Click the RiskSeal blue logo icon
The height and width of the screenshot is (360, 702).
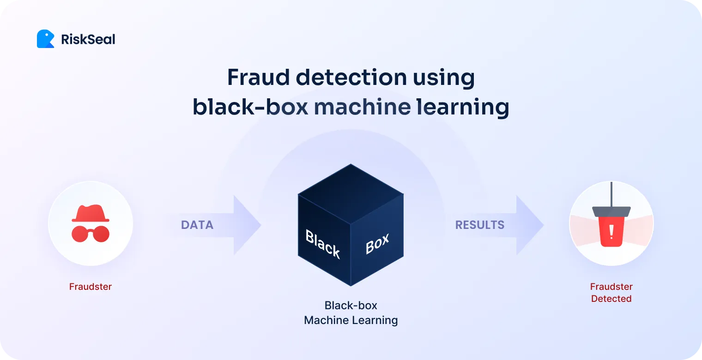click(45, 39)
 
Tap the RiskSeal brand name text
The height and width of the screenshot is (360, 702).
click(88, 40)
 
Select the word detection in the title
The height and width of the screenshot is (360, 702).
click(351, 78)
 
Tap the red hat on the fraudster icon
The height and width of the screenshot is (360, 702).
click(91, 213)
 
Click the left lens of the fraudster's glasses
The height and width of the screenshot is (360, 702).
click(79, 234)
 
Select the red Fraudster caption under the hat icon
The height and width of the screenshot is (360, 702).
click(91, 287)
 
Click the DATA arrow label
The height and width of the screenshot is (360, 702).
click(197, 225)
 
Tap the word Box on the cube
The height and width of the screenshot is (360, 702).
click(377, 244)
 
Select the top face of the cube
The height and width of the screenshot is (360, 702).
click(351, 194)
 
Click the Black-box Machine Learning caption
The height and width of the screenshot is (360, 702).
click(351, 313)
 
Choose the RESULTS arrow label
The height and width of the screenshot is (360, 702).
click(480, 225)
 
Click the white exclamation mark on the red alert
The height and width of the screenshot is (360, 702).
click(611, 232)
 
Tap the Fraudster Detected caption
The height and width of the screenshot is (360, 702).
click(611, 293)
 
